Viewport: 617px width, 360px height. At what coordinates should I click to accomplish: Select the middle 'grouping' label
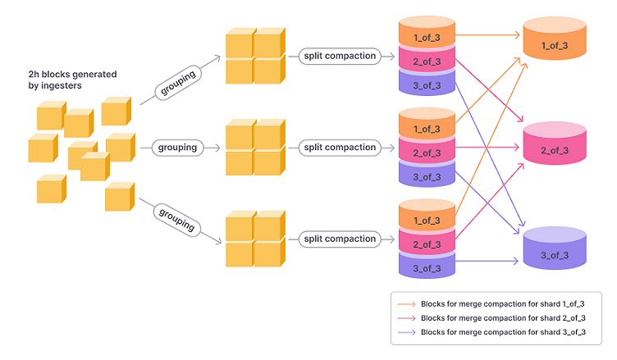click(176, 148)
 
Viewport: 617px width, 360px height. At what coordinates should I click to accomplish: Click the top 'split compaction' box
click(339, 56)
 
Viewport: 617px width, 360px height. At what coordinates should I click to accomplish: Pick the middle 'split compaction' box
click(339, 148)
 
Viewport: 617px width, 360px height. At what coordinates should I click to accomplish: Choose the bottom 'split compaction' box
click(339, 239)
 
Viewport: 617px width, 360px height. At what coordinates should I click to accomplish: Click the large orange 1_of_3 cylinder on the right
click(555, 43)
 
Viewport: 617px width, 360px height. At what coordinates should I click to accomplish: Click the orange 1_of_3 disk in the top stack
click(426, 37)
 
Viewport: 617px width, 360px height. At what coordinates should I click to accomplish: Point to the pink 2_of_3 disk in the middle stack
click(426, 152)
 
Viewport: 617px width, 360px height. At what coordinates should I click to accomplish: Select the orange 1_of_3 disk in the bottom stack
click(426, 219)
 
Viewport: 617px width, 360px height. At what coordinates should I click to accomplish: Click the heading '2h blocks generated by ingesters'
click(72, 80)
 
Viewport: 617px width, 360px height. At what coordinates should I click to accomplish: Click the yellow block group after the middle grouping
click(254, 148)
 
